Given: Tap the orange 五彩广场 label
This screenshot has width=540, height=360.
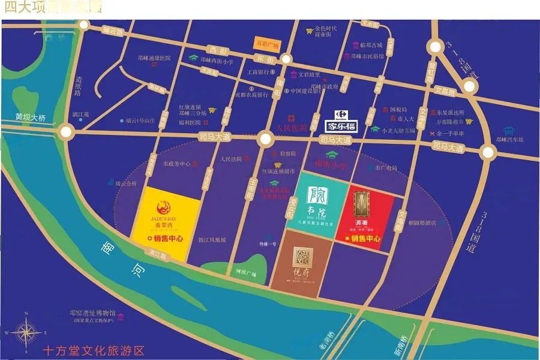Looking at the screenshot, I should (x=261, y=44).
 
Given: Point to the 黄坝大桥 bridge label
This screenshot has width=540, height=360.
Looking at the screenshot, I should (x=31, y=118).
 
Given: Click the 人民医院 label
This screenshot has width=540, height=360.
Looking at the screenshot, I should (x=291, y=128).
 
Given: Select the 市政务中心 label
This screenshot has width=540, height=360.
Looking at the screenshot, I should (x=177, y=163).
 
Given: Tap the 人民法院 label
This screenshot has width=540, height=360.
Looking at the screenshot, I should (x=231, y=159).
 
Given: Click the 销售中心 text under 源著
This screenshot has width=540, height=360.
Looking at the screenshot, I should (x=366, y=238).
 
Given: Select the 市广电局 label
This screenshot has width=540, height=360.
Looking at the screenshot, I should (x=386, y=168).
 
